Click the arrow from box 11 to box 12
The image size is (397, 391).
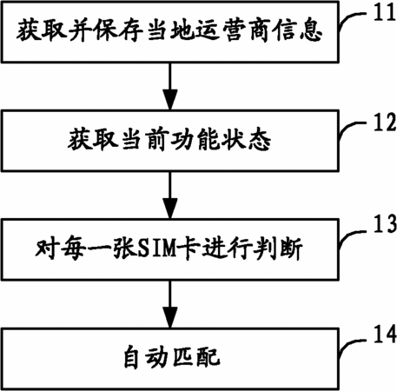click(x=170, y=86)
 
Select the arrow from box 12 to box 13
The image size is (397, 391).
click(x=170, y=195)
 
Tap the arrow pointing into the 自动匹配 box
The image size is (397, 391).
click(x=170, y=304)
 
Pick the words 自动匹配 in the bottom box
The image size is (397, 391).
click(x=171, y=358)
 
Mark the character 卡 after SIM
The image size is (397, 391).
click(x=189, y=249)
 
